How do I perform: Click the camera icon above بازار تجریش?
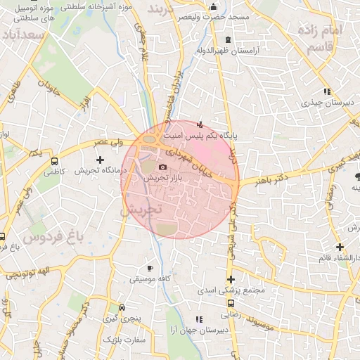coord(163,167)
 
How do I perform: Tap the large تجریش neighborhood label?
coord(141,209)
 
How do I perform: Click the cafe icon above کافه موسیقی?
coord(149,269)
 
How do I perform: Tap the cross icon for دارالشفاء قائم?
coord(340,247)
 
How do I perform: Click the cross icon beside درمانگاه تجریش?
coord(100,160)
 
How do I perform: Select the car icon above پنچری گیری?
coord(122,308)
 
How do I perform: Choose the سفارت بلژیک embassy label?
coord(124,340)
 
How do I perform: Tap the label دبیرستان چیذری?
coord(327,102)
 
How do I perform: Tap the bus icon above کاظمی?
coord(54,161)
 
